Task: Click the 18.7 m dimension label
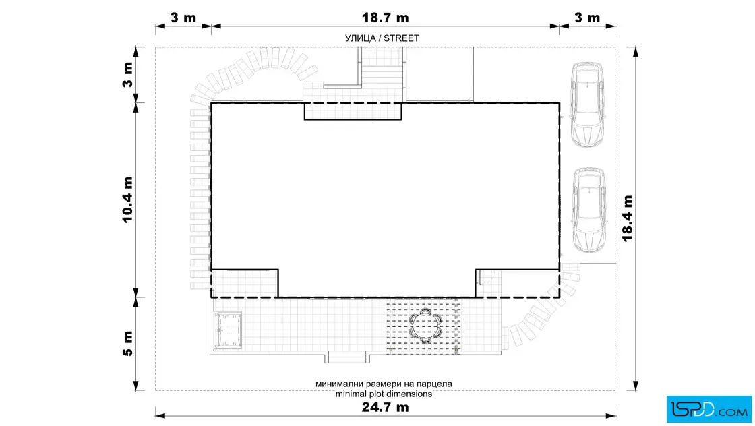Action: pyautogui.click(x=385, y=18)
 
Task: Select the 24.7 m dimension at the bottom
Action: pyautogui.click(x=385, y=407)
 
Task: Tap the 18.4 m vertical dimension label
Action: pyautogui.click(x=627, y=218)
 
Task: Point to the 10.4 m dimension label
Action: pyautogui.click(x=127, y=200)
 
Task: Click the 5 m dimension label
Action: pyautogui.click(x=127, y=344)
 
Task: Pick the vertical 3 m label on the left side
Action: pyautogui.click(x=127, y=75)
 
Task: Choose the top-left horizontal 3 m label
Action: pyautogui.click(x=183, y=18)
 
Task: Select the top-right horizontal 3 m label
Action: pyautogui.click(x=587, y=18)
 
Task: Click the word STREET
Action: pyautogui.click(x=401, y=38)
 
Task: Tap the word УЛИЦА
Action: pyautogui.click(x=360, y=38)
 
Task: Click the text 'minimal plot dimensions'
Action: pyautogui.click(x=384, y=394)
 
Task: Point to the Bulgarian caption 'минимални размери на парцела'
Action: pyautogui.click(x=384, y=384)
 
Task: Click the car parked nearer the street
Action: pyautogui.click(x=587, y=104)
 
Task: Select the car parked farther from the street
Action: pyautogui.click(x=588, y=210)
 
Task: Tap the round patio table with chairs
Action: pyautogui.click(x=425, y=326)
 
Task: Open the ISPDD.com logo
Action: pyautogui.click(x=708, y=409)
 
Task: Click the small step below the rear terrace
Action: pyautogui.click(x=348, y=358)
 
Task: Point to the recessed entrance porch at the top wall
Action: pyautogui.click(x=353, y=111)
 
